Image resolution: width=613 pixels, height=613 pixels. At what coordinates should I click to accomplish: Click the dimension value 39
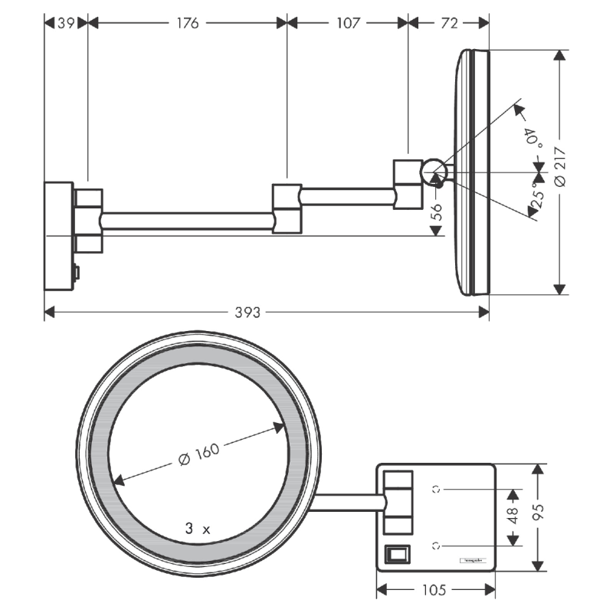(67, 23)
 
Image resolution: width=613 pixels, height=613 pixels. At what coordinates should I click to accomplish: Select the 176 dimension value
(187, 23)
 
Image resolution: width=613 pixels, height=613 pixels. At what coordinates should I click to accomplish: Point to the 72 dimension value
(449, 23)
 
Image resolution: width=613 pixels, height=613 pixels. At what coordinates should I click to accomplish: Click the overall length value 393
(247, 312)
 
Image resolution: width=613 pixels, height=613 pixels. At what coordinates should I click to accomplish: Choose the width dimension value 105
(435, 590)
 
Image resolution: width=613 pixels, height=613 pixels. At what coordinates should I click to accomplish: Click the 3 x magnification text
(197, 528)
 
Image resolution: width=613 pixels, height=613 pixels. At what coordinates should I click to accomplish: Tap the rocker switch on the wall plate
(396, 552)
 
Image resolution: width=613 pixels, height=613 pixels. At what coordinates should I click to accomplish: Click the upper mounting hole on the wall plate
(437, 487)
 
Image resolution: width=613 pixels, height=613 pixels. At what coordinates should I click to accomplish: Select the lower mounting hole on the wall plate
(437, 545)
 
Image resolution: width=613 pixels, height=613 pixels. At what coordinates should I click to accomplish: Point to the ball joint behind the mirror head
(433, 172)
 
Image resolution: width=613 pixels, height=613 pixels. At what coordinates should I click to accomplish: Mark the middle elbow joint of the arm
(287, 207)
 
